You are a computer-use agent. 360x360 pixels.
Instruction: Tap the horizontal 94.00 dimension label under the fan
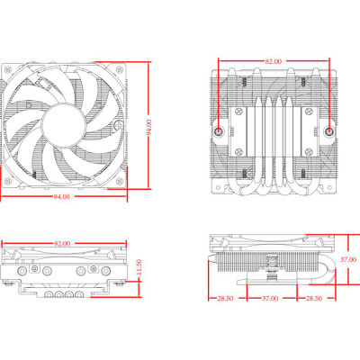pos(62,196)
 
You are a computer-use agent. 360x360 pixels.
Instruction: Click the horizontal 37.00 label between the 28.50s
pos(271,299)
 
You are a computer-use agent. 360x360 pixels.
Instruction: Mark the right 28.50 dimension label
pos(315,299)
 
